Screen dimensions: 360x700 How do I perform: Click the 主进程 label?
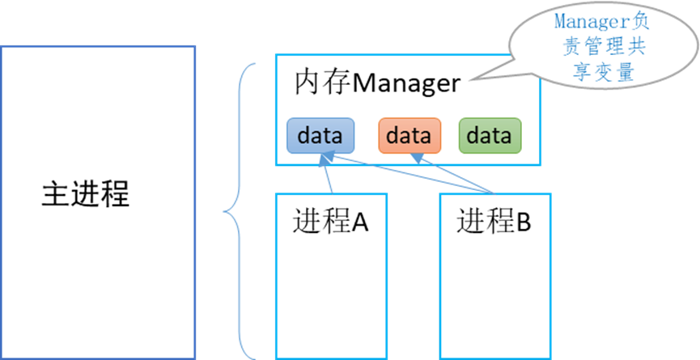85,194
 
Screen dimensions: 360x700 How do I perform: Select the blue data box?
320,136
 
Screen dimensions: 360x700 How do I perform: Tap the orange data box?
409,136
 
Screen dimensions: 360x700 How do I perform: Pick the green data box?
490,136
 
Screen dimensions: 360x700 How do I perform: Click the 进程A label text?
331,221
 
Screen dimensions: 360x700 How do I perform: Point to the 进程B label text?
494,221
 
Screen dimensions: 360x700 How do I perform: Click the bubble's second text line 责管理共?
602,47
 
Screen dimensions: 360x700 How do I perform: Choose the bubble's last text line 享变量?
602,71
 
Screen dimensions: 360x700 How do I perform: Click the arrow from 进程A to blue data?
325,174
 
